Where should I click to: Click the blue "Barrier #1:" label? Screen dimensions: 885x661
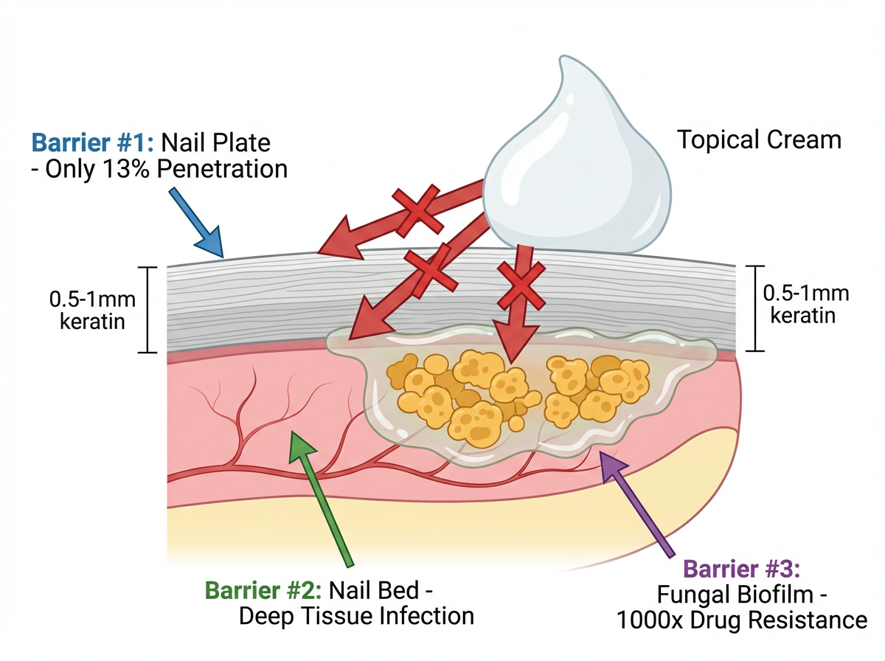coord(93,143)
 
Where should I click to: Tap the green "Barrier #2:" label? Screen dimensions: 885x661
coord(263,590)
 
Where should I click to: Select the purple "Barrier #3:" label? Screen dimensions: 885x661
coord(741,568)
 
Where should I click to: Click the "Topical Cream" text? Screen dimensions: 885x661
coord(759,140)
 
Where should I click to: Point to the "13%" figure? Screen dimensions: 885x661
coord(127,169)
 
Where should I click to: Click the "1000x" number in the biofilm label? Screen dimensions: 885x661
coord(650,620)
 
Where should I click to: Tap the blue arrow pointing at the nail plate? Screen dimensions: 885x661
coord(196,222)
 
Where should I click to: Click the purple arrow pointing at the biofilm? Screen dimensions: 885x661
coord(637,505)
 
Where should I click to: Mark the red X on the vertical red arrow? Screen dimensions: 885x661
coord(521,285)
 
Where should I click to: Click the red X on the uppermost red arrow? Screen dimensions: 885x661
coord(418,210)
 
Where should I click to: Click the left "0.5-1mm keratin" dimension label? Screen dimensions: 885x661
coord(92,310)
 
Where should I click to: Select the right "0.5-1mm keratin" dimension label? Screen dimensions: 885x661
coord(806,304)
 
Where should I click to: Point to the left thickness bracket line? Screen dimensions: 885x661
coord(148,310)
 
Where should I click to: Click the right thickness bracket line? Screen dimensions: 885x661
coord(755,308)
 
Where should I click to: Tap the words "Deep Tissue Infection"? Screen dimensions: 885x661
coord(356,616)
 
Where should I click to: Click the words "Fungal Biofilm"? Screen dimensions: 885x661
coord(735,595)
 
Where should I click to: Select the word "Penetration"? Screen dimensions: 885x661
coord(222,169)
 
